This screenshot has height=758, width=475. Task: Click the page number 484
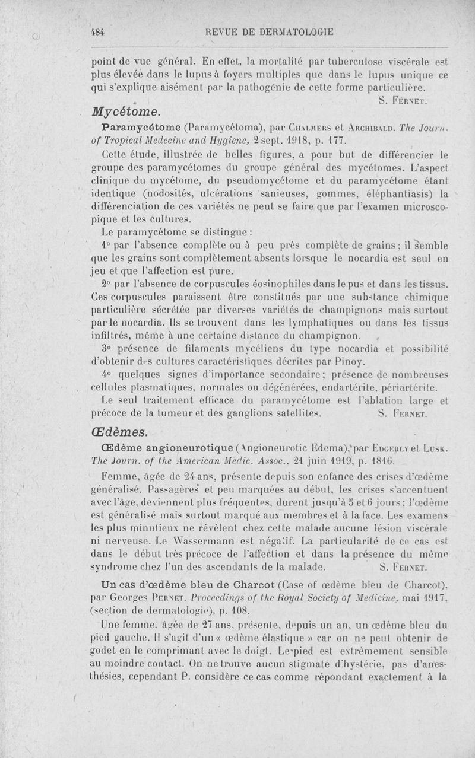pos(97,32)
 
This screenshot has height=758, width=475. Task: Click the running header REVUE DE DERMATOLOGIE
pos(267,32)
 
